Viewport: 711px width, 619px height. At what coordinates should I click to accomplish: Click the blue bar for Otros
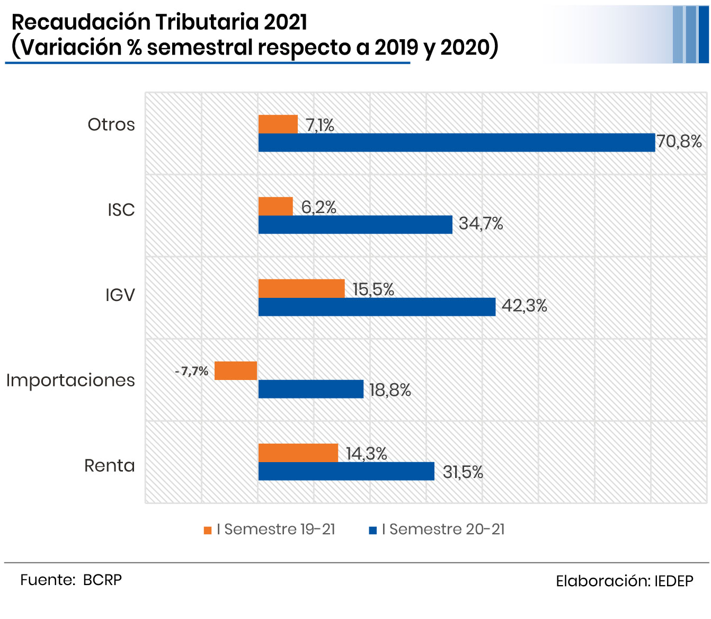coord(456,143)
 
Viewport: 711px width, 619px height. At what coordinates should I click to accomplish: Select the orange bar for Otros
coord(278,124)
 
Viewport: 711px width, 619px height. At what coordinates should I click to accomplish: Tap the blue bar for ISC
coord(355,225)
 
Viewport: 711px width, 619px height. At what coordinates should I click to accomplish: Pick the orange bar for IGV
coord(301,288)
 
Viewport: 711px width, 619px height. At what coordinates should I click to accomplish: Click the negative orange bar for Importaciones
coord(236,370)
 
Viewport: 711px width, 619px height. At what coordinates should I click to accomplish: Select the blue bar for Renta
coord(346,471)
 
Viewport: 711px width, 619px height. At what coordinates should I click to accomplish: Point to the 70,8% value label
coord(679,142)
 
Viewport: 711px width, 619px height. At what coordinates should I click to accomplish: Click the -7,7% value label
coord(192,371)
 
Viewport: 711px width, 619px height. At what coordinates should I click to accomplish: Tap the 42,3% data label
coord(524,306)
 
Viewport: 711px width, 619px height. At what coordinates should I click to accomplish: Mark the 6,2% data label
coord(319,207)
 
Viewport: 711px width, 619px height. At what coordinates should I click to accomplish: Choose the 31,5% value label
coord(463,472)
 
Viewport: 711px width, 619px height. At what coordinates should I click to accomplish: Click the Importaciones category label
coord(70,381)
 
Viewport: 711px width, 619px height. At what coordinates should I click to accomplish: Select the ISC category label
coord(121,210)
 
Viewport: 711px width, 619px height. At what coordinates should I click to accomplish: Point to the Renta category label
coord(110,466)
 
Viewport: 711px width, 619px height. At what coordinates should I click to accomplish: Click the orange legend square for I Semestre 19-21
coord(208,530)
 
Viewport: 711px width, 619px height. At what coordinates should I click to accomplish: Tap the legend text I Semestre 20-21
coord(443,529)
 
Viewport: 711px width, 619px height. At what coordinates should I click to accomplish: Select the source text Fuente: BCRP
coord(71,580)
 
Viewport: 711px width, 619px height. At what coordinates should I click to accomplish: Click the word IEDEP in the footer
coord(673,581)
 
